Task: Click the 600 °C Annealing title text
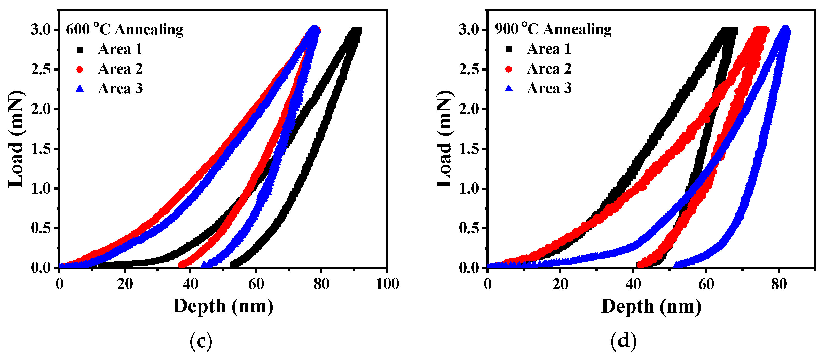pyautogui.click(x=124, y=29)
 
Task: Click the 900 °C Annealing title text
pyautogui.click(x=553, y=29)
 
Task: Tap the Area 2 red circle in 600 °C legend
pyautogui.click(x=80, y=69)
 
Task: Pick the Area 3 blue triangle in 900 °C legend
pyautogui.click(x=509, y=88)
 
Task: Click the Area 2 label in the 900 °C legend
pyautogui.click(x=549, y=69)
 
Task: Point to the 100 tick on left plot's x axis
pyautogui.click(x=387, y=284)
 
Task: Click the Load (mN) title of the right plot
pyautogui.click(x=445, y=139)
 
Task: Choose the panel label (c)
pyautogui.click(x=201, y=341)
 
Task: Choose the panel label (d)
pyautogui.click(x=623, y=341)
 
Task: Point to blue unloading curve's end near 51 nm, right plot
pyautogui.click(x=676, y=265)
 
